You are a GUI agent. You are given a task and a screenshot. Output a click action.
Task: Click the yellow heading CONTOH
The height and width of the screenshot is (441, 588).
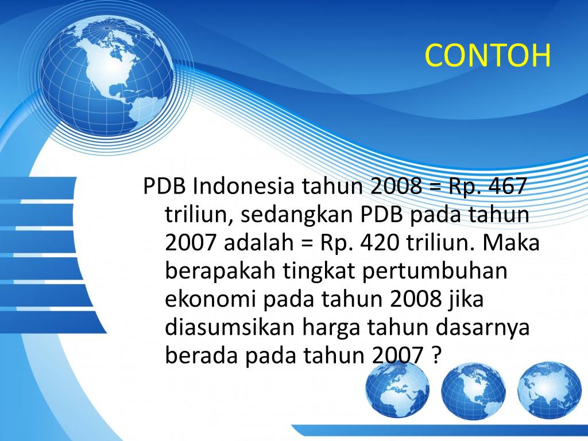(488, 56)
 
